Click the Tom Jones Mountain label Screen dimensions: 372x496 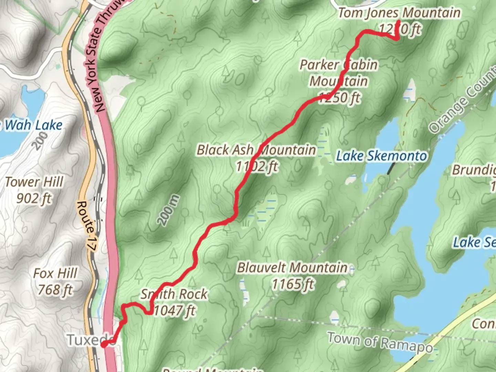tap(399, 13)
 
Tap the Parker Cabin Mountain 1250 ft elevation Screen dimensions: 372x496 tap(339, 98)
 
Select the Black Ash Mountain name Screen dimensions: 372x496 tap(256, 150)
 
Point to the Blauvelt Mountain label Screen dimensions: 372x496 tap(292, 268)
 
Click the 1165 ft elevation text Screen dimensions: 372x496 tap(293, 285)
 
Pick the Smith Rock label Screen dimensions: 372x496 tap(174, 294)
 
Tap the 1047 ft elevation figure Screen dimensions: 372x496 tap(174, 311)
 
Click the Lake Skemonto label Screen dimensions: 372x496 tap(381, 156)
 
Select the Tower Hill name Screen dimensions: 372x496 tap(34, 182)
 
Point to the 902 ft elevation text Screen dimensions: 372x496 tap(34, 198)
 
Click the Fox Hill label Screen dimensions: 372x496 tap(55, 273)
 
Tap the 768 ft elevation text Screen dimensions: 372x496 tap(55, 290)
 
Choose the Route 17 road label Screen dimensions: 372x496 tap(86, 226)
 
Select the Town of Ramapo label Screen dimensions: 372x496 tap(380, 342)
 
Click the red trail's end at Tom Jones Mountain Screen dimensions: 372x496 tap(398, 23)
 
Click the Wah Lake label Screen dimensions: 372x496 tap(33, 125)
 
